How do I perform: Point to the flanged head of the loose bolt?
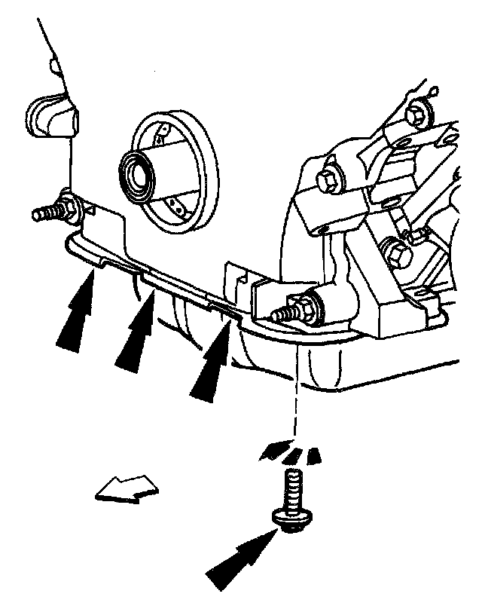pyautogui.click(x=289, y=519)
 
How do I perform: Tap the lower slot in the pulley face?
pyautogui.click(x=178, y=204)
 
